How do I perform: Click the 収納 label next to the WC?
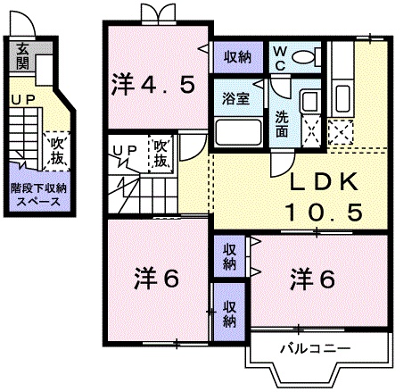click(x=237, y=57)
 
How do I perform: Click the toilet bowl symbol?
click(x=304, y=58)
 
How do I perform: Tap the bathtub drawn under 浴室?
click(x=236, y=133)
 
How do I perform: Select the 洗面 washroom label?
click(x=282, y=122)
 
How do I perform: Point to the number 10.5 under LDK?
click(x=323, y=213)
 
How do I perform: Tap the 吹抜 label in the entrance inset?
click(x=57, y=147)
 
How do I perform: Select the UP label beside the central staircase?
click(x=123, y=149)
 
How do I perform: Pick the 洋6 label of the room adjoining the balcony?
click(x=313, y=279)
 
